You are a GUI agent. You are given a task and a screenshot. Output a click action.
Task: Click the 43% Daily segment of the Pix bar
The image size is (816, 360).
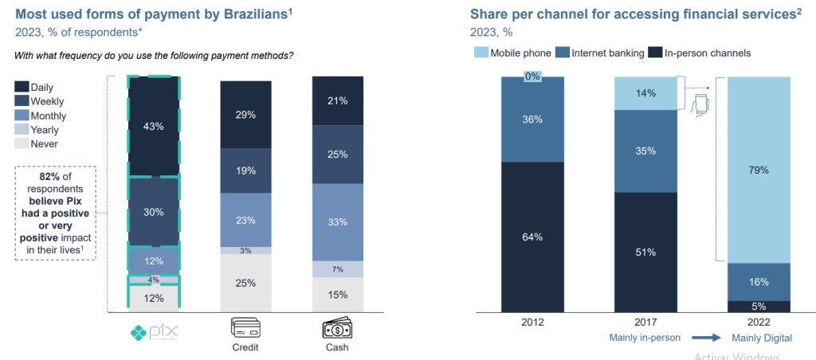coord(154,126)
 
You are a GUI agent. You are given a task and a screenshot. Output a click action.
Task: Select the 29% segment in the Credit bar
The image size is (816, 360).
coord(246,115)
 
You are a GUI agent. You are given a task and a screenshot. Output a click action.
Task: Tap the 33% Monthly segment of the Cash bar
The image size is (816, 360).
coord(338,222)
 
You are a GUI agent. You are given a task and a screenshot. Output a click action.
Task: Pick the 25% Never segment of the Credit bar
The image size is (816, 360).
coord(246,283)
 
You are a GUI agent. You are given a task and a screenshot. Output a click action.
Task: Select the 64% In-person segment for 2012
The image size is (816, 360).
coord(532,237)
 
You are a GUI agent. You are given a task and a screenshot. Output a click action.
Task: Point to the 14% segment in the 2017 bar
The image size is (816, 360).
coord(645,93)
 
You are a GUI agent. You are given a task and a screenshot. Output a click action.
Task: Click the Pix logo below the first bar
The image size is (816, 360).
coord(155,331)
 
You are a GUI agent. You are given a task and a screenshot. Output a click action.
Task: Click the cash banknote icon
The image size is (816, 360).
coord(338,328)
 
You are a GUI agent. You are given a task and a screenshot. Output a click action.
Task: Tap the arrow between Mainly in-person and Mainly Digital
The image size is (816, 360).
coord(705,338)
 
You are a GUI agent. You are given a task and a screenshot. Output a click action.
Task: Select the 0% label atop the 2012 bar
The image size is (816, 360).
coord(532,77)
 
